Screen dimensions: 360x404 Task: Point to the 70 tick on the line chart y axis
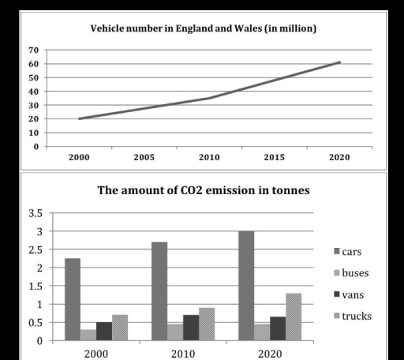(x=34, y=50)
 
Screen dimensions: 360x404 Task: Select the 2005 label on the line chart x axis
(x=144, y=157)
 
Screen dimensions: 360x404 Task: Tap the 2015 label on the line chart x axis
(x=275, y=157)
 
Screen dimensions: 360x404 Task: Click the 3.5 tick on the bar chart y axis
(x=36, y=213)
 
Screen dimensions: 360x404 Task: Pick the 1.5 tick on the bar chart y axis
(x=36, y=286)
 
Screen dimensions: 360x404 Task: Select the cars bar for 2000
(x=73, y=299)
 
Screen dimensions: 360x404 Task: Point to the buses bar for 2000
(x=88, y=335)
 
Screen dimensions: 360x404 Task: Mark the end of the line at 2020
(x=339, y=62)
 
